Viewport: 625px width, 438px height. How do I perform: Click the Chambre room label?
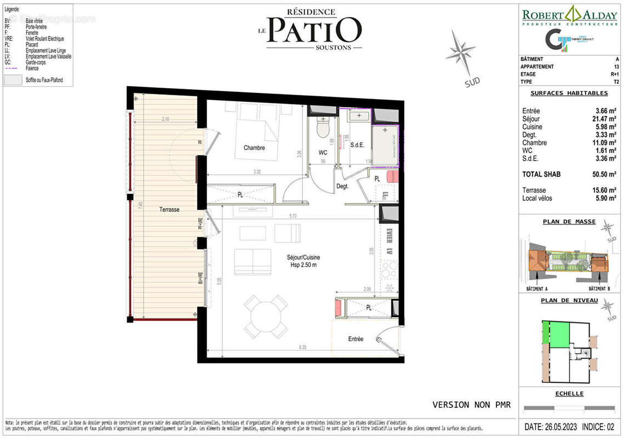point(254,148)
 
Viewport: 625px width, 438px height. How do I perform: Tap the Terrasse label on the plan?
point(169,210)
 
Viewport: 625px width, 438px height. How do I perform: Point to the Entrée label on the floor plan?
point(355,339)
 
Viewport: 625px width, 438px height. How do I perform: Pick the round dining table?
point(266,316)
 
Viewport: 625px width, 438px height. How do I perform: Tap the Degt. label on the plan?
point(342,187)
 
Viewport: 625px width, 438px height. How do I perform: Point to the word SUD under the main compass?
point(472,82)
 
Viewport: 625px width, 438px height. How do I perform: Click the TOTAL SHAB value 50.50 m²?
point(606,175)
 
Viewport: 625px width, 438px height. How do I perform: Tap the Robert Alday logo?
point(569,16)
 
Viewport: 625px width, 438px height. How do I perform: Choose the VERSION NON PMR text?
point(471,405)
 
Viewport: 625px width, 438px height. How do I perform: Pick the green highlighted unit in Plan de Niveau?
point(558,335)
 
